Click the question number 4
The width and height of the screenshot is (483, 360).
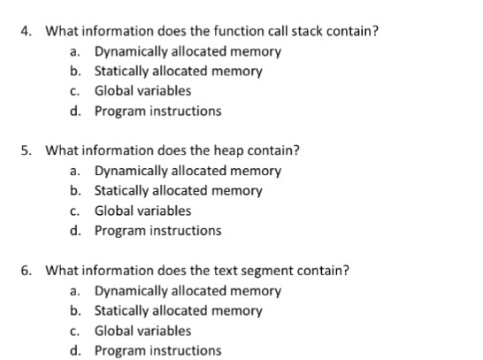pyautogui.click(x=27, y=32)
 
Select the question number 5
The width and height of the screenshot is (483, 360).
pyautogui.click(x=27, y=150)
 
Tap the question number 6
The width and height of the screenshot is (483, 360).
pyautogui.click(x=27, y=271)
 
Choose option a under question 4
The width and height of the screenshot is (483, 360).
pyautogui.click(x=188, y=51)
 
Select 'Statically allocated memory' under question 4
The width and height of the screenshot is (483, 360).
pyautogui.click(x=178, y=72)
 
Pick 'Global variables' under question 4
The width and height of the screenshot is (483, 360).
pyautogui.click(x=142, y=91)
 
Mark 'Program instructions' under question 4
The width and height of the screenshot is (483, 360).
pyautogui.click(x=157, y=111)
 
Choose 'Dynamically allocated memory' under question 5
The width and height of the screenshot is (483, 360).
pyautogui.click(x=188, y=171)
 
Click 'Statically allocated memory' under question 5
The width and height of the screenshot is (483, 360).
pyautogui.click(x=178, y=190)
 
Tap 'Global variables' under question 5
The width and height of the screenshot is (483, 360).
pyautogui.click(x=142, y=211)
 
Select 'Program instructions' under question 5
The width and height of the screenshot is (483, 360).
pyautogui.click(x=157, y=231)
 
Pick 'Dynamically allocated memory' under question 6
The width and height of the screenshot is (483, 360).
pyautogui.click(x=188, y=291)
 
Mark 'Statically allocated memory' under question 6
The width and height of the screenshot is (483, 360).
pyautogui.click(x=178, y=310)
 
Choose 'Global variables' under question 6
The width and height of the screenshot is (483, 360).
pyautogui.click(x=142, y=331)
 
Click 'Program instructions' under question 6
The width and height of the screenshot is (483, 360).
pyautogui.click(x=157, y=350)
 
